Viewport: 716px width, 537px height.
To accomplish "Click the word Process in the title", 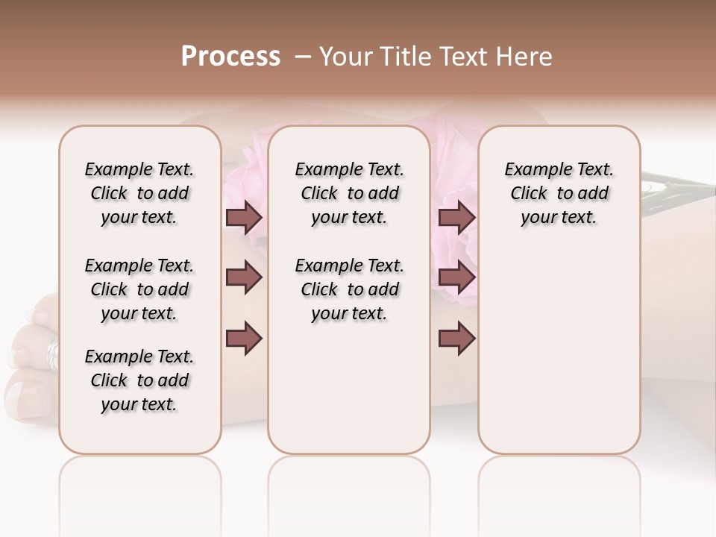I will pos(230,57).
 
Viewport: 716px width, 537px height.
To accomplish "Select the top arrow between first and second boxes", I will pos(244,217).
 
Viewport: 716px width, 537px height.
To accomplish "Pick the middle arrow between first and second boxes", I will pos(244,277).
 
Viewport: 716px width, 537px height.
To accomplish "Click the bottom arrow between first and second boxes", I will pos(244,339).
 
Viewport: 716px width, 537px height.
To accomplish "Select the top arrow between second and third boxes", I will pos(456,217).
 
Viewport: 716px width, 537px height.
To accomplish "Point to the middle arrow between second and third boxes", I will pos(456,277).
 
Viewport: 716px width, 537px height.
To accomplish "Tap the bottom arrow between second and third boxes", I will pos(456,339).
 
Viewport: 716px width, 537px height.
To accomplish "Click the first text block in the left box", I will pos(139,193).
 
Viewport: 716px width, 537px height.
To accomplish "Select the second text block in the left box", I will pos(139,289).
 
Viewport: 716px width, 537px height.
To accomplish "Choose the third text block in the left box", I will pos(139,380).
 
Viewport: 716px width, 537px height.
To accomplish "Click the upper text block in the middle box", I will pos(350,193).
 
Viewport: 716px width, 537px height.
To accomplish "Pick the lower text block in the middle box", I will pos(350,289).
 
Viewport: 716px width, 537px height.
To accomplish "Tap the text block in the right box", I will pos(559,193).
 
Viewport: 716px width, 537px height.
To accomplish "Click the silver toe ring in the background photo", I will pos(52,354).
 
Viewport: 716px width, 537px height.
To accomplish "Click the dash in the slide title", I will pos(303,57).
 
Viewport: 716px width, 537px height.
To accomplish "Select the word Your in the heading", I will pos(346,57).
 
